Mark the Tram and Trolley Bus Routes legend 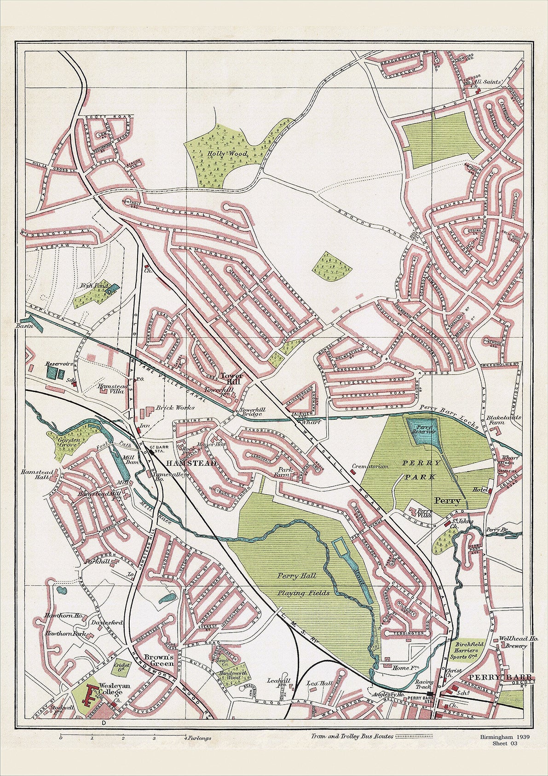352,736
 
